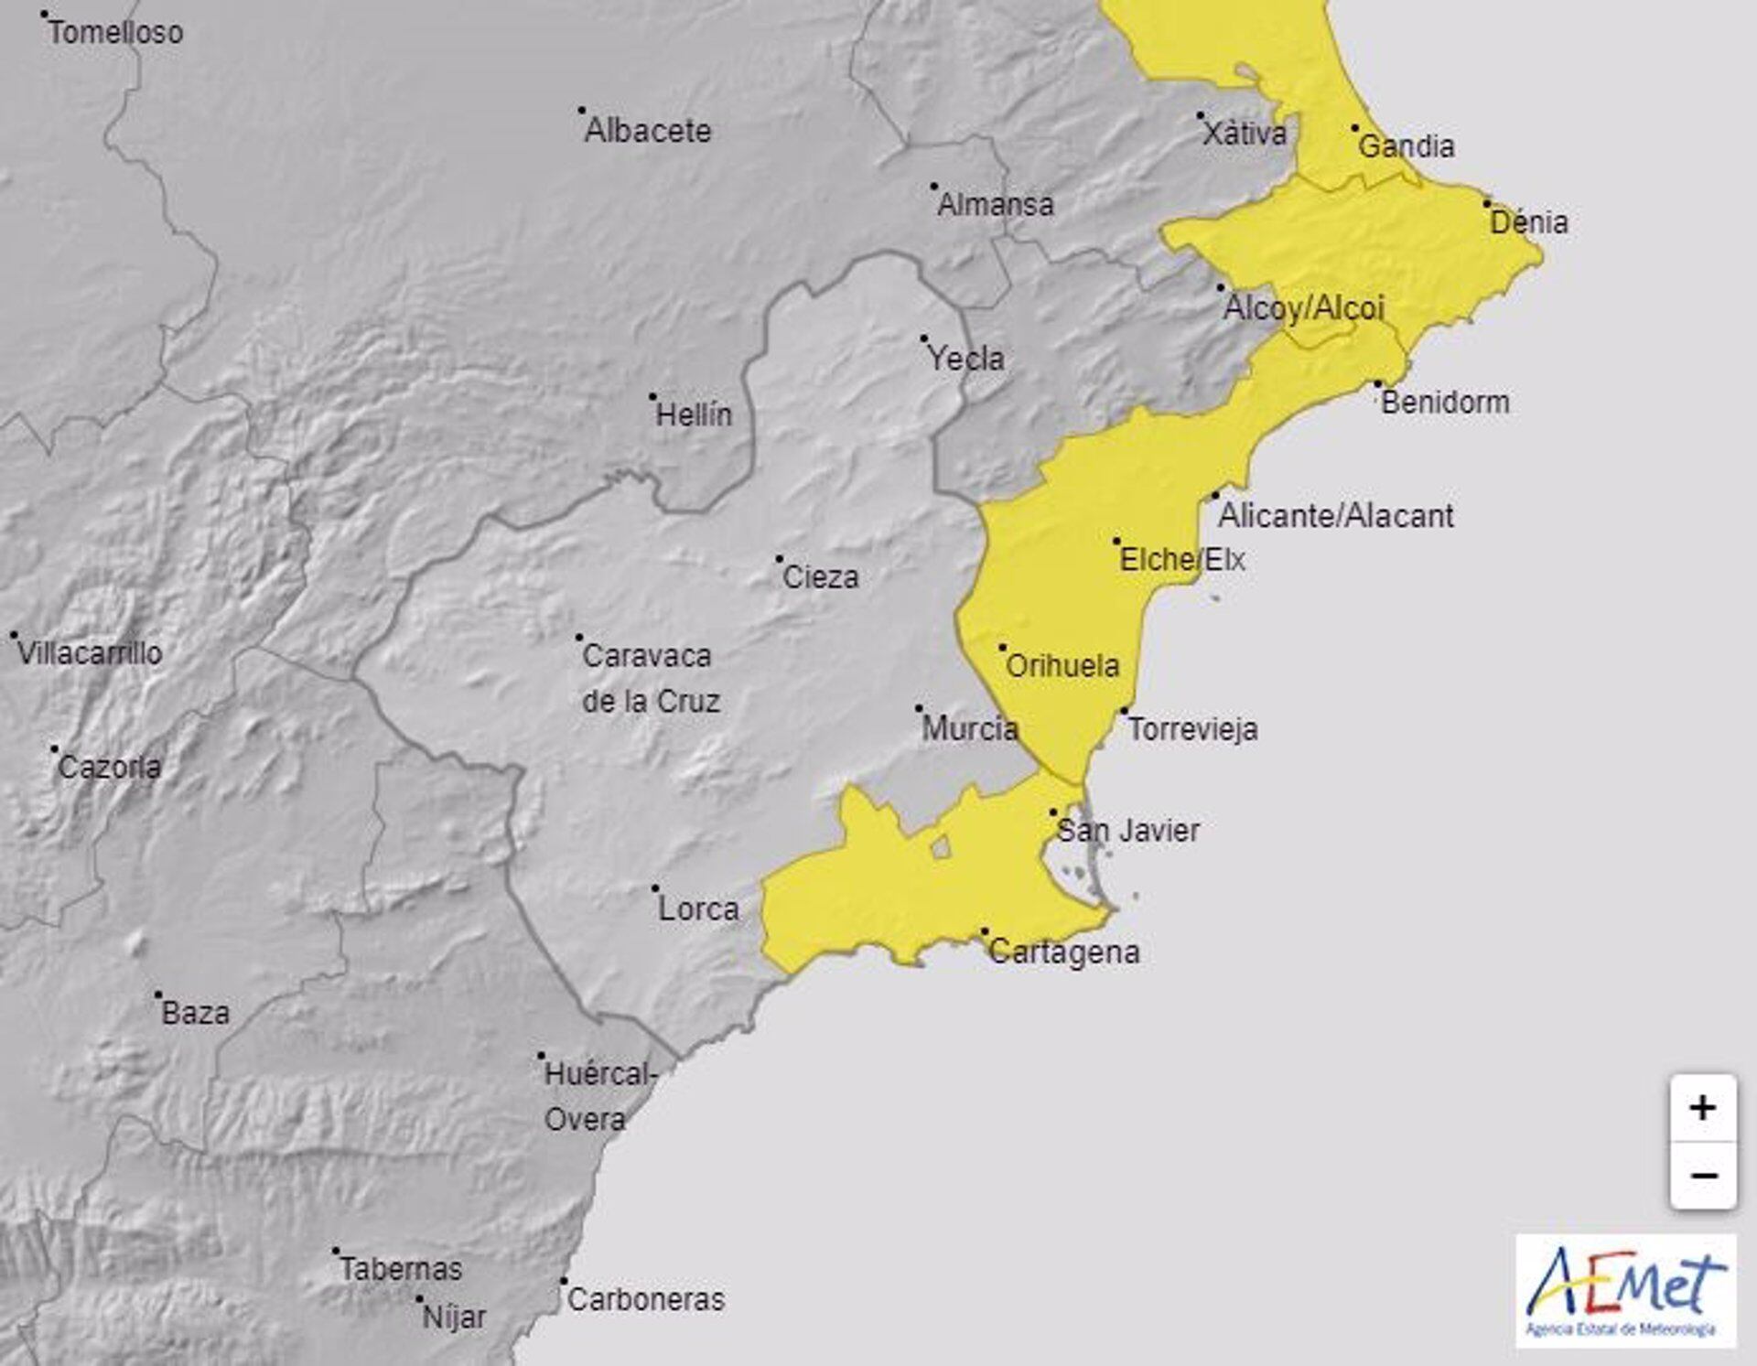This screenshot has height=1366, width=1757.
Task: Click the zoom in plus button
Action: tap(1702, 1109)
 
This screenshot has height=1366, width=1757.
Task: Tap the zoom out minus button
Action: tap(1702, 1176)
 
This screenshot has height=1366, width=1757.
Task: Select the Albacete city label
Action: tap(647, 131)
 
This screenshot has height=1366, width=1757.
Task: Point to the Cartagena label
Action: tap(1064, 952)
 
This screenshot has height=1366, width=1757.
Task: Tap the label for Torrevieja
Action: tap(1192, 729)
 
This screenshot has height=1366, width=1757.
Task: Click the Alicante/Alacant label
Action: tap(1335, 516)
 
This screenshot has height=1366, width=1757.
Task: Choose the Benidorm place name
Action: tap(1445, 403)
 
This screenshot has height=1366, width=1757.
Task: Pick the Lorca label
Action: tap(698, 909)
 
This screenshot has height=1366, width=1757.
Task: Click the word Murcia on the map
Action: tap(970, 729)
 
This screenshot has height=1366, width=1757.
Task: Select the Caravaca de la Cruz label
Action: tap(651, 679)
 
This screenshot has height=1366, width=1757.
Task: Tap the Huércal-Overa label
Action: tap(599, 1096)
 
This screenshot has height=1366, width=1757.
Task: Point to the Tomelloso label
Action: tap(115, 33)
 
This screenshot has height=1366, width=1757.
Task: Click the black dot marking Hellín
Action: tap(652, 397)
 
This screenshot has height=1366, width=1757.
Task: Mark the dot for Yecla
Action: tap(923, 339)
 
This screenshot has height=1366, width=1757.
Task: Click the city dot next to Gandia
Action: tap(1355, 128)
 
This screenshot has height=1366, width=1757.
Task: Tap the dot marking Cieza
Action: tap(780, 558)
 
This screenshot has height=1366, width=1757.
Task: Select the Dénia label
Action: tap(1529, 222)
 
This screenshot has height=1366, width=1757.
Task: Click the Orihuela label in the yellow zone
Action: tap(1062, 666)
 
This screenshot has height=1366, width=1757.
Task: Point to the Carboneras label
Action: tap(645, 1299)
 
